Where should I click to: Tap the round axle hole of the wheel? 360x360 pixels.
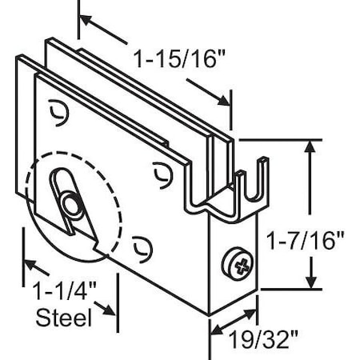[x=73, y=206]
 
